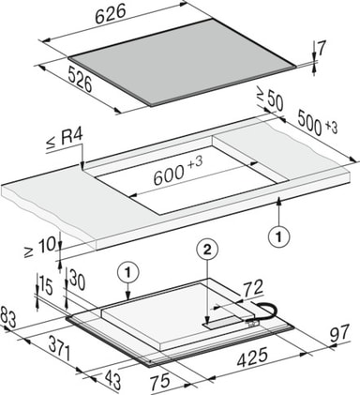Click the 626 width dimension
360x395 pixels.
[x=111, y=15]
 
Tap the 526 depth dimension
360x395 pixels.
[x=80, y=80]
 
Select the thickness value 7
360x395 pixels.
[x=322, y=48]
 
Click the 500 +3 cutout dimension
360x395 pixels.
[x=317, y=124]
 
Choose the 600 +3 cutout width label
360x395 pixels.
[x=178, y=171]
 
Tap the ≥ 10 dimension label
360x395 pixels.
[x=39, y=247]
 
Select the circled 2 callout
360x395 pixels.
[x=207, y=251]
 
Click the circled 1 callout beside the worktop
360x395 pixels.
[x=279, y=236]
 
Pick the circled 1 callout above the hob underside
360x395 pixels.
[x=127, y=273]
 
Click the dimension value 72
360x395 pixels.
[x=252, y=289]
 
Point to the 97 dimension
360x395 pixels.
[x=338, y=332]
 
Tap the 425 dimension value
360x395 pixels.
[x=252, y=357]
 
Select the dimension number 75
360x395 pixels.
[x=160, y=381]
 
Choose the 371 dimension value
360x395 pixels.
[x=59, y=350]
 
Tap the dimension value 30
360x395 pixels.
[x=77, y=280]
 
